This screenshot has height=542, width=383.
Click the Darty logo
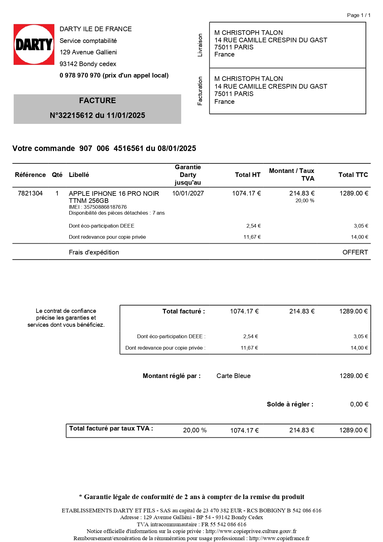(x=34, y=44)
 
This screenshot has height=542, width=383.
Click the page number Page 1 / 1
(x=359, y=15)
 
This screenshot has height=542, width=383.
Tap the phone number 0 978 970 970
(x=80, y=75)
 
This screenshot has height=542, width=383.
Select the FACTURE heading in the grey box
(x=97, y=101)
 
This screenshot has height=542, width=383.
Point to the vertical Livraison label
(x=200, y=45)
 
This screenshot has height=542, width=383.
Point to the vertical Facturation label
(x=200, y=91)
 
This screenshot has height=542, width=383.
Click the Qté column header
(x=57, y=175)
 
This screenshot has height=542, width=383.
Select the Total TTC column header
(x=353, y=175)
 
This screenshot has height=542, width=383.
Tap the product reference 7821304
(x=30, y=193)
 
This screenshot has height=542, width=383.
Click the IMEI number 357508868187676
(x=105, y=207)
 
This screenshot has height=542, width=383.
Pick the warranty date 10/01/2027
(x=188, y=193)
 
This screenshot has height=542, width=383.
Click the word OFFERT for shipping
(x=355, y=252)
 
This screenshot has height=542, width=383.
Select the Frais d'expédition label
(x=94, y=252)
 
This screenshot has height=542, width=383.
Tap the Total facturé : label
(x=183, y=311)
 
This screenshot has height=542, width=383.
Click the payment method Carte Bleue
(x=234, y=376)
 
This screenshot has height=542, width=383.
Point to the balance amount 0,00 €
(x=359, y=404)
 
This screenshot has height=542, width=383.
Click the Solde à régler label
(x=290, y=404)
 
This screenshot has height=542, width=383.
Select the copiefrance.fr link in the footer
(x=279, y=538)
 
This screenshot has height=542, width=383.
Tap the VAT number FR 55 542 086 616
(x=224, y=524)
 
